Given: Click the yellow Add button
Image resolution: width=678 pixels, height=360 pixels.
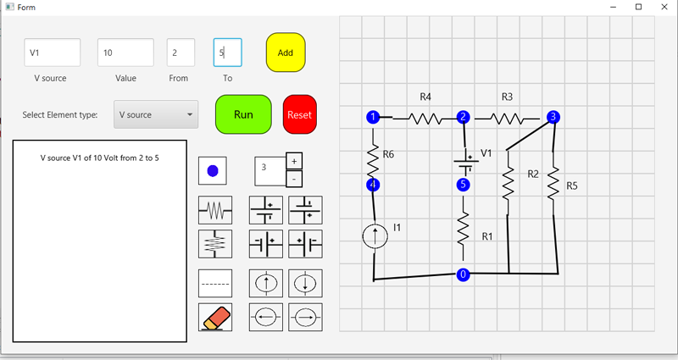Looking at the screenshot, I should (286, 53).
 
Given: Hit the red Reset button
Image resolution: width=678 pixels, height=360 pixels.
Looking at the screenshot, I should (299, 114).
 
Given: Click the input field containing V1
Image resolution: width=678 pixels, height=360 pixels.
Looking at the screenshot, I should (53, 53).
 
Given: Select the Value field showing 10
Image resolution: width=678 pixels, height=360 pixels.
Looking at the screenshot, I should (125, 53).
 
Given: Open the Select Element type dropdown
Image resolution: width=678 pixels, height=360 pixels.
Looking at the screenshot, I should (156, 114).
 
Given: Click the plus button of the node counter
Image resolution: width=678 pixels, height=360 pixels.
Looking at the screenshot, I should (294, 161).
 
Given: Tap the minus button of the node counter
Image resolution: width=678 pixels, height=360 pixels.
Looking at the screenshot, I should (294, 179).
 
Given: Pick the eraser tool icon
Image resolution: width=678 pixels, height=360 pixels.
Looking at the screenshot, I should (214, 317).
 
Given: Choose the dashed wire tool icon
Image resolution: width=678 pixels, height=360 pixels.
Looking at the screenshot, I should (214, 281).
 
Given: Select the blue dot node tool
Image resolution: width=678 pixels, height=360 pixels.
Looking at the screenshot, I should (213, 170).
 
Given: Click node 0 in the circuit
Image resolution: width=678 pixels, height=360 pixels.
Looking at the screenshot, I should (463, 274).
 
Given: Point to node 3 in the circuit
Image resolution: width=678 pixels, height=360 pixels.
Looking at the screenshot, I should (553, 117).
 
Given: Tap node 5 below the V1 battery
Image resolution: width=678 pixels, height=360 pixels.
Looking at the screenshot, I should (463, 184).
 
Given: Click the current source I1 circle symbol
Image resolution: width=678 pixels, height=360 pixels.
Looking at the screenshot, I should (374, 235).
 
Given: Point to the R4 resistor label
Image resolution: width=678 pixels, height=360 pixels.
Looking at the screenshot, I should (425, 97).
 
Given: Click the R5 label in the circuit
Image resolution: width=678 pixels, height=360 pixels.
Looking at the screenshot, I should (572, 186).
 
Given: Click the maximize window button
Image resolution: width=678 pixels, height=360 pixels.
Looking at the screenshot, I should (638, 7).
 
